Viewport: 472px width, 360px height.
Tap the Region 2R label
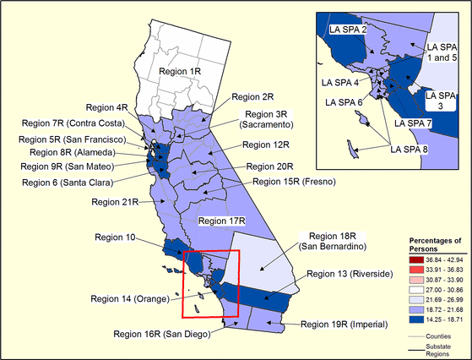pos(253,97)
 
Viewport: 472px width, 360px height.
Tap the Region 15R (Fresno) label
pos(292,182)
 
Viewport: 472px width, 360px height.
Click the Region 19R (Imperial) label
pos(348,324)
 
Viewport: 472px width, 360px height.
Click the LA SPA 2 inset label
pos(346,30)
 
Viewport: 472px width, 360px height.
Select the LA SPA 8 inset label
pos(409,150)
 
